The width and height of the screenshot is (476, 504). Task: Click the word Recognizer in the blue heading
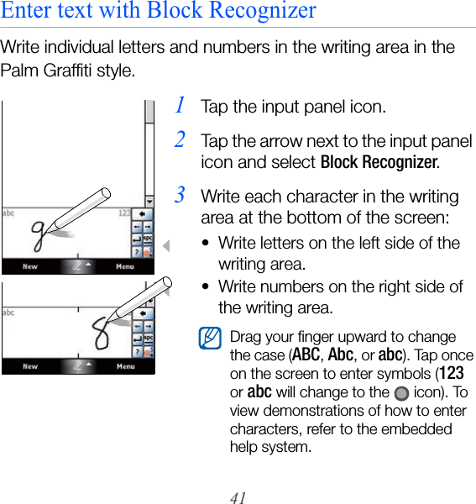pos(263,9)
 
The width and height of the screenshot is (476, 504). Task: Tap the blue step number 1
pos(180,105)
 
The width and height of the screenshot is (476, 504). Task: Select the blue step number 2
pos(180,139)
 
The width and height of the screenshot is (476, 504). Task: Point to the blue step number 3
pos(180,195)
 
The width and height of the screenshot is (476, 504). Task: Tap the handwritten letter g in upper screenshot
pos(39,235)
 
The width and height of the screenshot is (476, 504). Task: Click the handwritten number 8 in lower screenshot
pos(101,333)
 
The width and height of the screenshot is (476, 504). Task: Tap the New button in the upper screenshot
pos(30,266)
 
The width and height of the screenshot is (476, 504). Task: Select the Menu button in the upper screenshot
pos(125,266)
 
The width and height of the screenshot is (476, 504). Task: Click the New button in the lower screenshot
pos(30,366)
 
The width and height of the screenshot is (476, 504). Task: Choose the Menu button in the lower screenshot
pos(125,366)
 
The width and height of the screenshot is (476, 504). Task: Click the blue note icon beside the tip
pos(210,339)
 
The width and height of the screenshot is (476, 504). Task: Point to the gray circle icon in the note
pos(401,393)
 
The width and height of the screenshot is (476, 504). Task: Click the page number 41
pos(238,497)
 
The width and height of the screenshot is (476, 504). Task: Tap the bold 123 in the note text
pos(452,374)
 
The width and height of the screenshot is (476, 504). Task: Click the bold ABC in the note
pos(306,354)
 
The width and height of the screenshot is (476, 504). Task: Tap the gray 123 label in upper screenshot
pos(124,213)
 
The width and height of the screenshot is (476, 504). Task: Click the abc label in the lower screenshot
pos(8,312)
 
